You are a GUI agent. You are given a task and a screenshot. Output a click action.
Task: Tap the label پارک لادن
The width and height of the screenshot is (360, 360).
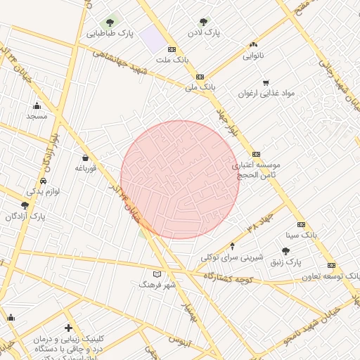[204, 33]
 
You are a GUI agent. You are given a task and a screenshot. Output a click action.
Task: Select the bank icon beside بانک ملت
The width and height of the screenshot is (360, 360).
[172, 49]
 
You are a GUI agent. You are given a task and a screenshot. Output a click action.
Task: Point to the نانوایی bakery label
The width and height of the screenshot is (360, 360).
[253, 55]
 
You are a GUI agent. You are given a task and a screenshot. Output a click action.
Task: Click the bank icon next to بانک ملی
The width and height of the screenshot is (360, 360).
[200, 77]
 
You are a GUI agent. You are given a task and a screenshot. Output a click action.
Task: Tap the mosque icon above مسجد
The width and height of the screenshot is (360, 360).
[37, 105]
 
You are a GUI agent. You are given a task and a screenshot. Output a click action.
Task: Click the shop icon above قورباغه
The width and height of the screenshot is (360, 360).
[85, 157]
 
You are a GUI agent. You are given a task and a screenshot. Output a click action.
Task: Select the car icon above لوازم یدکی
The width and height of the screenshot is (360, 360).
[44, 180]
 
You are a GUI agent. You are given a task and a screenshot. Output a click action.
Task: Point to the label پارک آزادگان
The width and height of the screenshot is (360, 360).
[25, 217]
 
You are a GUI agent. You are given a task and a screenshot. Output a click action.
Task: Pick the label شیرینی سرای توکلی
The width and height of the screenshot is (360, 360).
[232, 257]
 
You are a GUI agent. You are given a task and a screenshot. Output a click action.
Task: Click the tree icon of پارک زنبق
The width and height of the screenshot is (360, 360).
[285, 251]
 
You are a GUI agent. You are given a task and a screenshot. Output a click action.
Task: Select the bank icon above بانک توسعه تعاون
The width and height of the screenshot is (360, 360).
[331, 266]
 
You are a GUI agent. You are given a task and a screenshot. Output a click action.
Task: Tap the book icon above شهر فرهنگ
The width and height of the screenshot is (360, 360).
[157, 274]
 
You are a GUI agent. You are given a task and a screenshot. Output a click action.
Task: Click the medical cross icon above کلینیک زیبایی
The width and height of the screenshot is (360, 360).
[68, 328]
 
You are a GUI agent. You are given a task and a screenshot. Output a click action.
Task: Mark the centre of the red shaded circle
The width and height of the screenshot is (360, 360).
[180, 179]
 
